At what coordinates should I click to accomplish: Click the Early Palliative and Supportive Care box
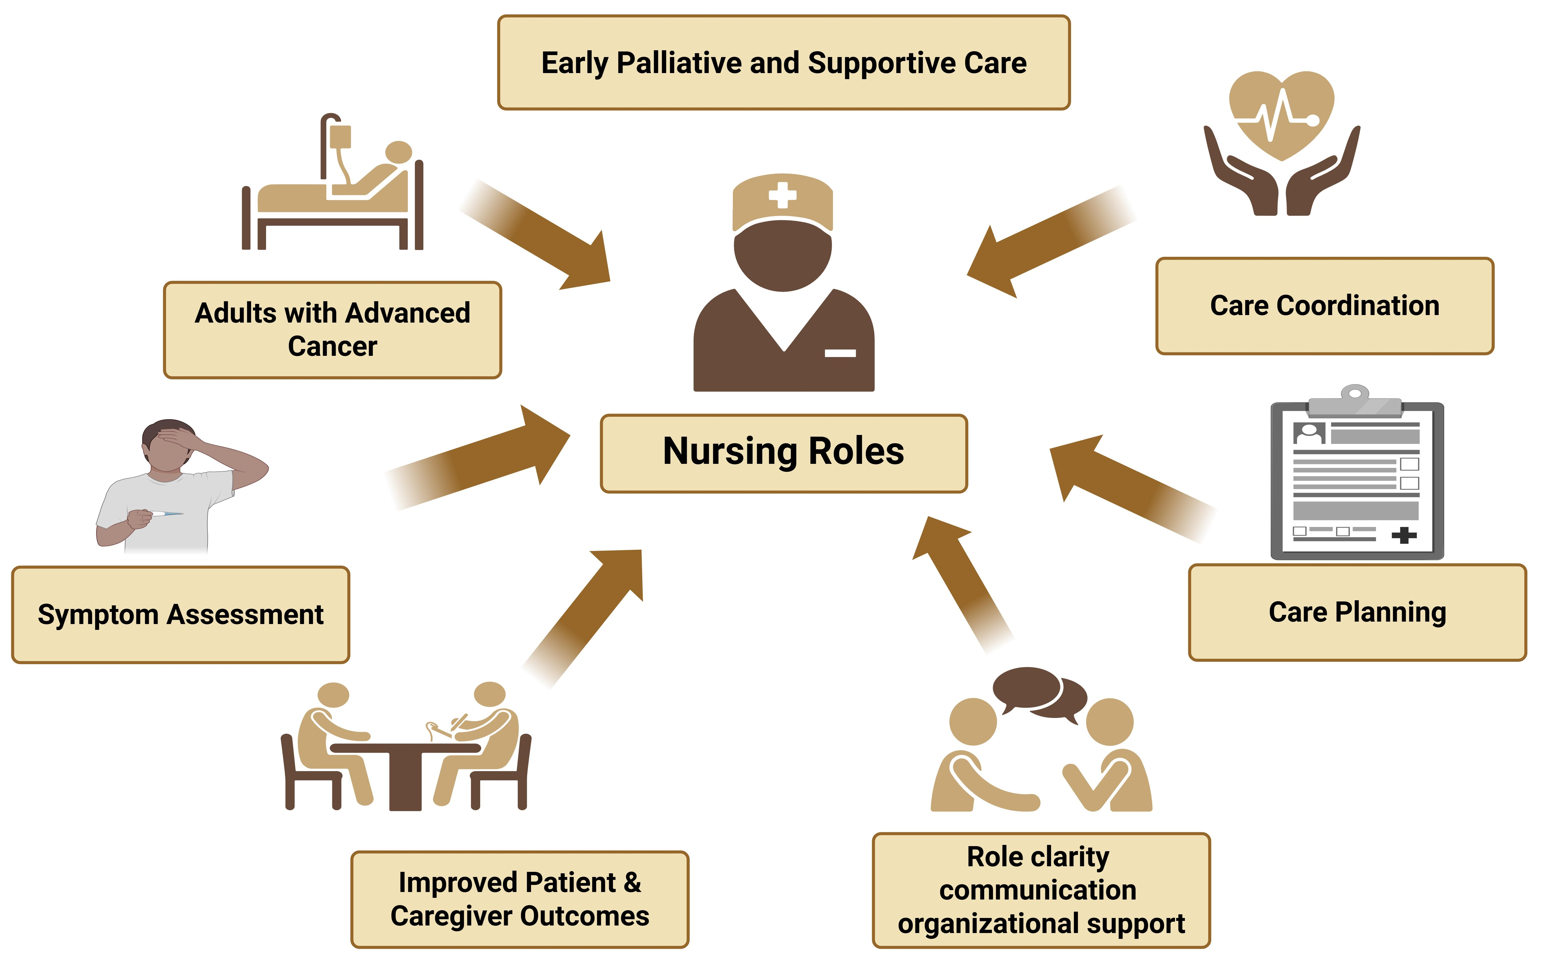coord(783,63)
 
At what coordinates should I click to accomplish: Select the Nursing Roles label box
coord(783,453)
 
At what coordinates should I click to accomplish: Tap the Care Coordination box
coord(1324,306)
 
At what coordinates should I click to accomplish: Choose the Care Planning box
coord(1357,612)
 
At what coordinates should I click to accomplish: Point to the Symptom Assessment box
coord(180,615)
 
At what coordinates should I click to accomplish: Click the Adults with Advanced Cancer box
coord(333,330)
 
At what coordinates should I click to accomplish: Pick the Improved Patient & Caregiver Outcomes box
coord(520,899)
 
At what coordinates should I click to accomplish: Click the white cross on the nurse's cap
coord(782,195)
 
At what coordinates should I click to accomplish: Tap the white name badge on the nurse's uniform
coord(840,353)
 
